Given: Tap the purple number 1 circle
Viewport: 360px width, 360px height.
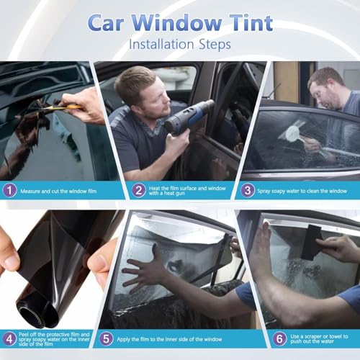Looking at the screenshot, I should (x=9, y=190).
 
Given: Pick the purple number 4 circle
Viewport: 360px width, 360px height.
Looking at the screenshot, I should (x=9, y=338).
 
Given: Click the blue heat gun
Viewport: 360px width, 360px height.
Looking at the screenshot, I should (x=189, y=117).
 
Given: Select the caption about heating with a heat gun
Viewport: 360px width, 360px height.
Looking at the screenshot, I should (x=180, y=190).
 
